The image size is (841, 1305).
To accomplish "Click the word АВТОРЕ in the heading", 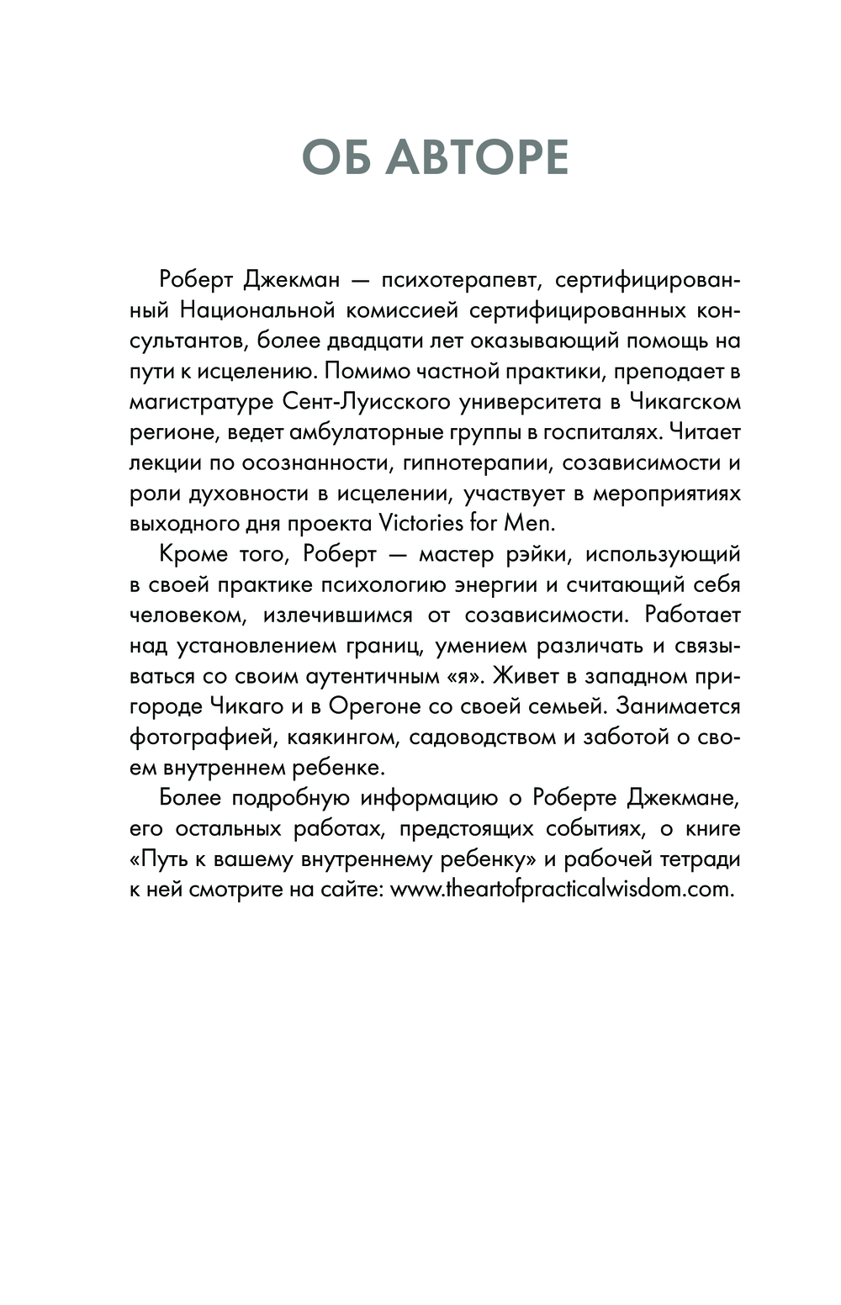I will click(477, 157).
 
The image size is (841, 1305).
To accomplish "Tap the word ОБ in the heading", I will click(335, 157).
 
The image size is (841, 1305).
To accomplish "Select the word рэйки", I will click(535, 554).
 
